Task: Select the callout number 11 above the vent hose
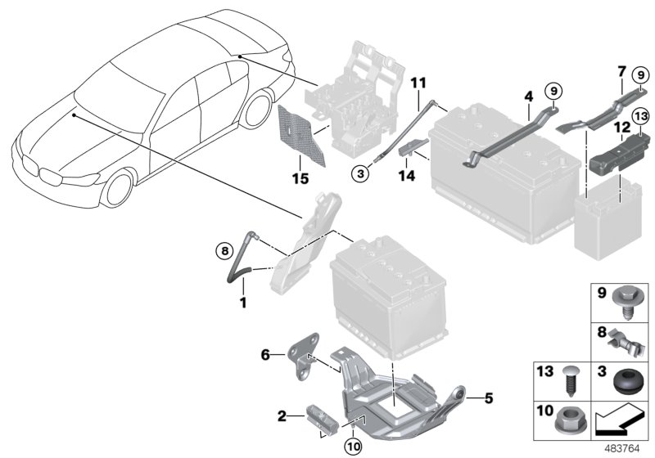tap(418, 83)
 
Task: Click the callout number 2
tap(282, 417)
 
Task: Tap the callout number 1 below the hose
tap(242, 303)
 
